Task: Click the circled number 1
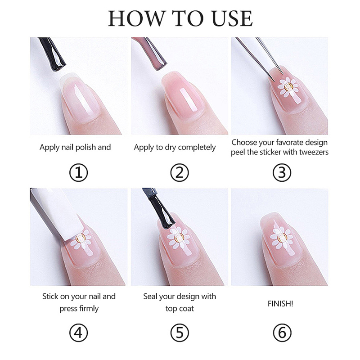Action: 78,173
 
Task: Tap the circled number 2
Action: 180,173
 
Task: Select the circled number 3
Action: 282,173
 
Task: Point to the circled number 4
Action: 78,333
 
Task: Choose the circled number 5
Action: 180,333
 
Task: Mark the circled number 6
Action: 282,333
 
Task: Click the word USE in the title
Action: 232,18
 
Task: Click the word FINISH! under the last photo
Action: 280,304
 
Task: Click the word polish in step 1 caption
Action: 85,148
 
